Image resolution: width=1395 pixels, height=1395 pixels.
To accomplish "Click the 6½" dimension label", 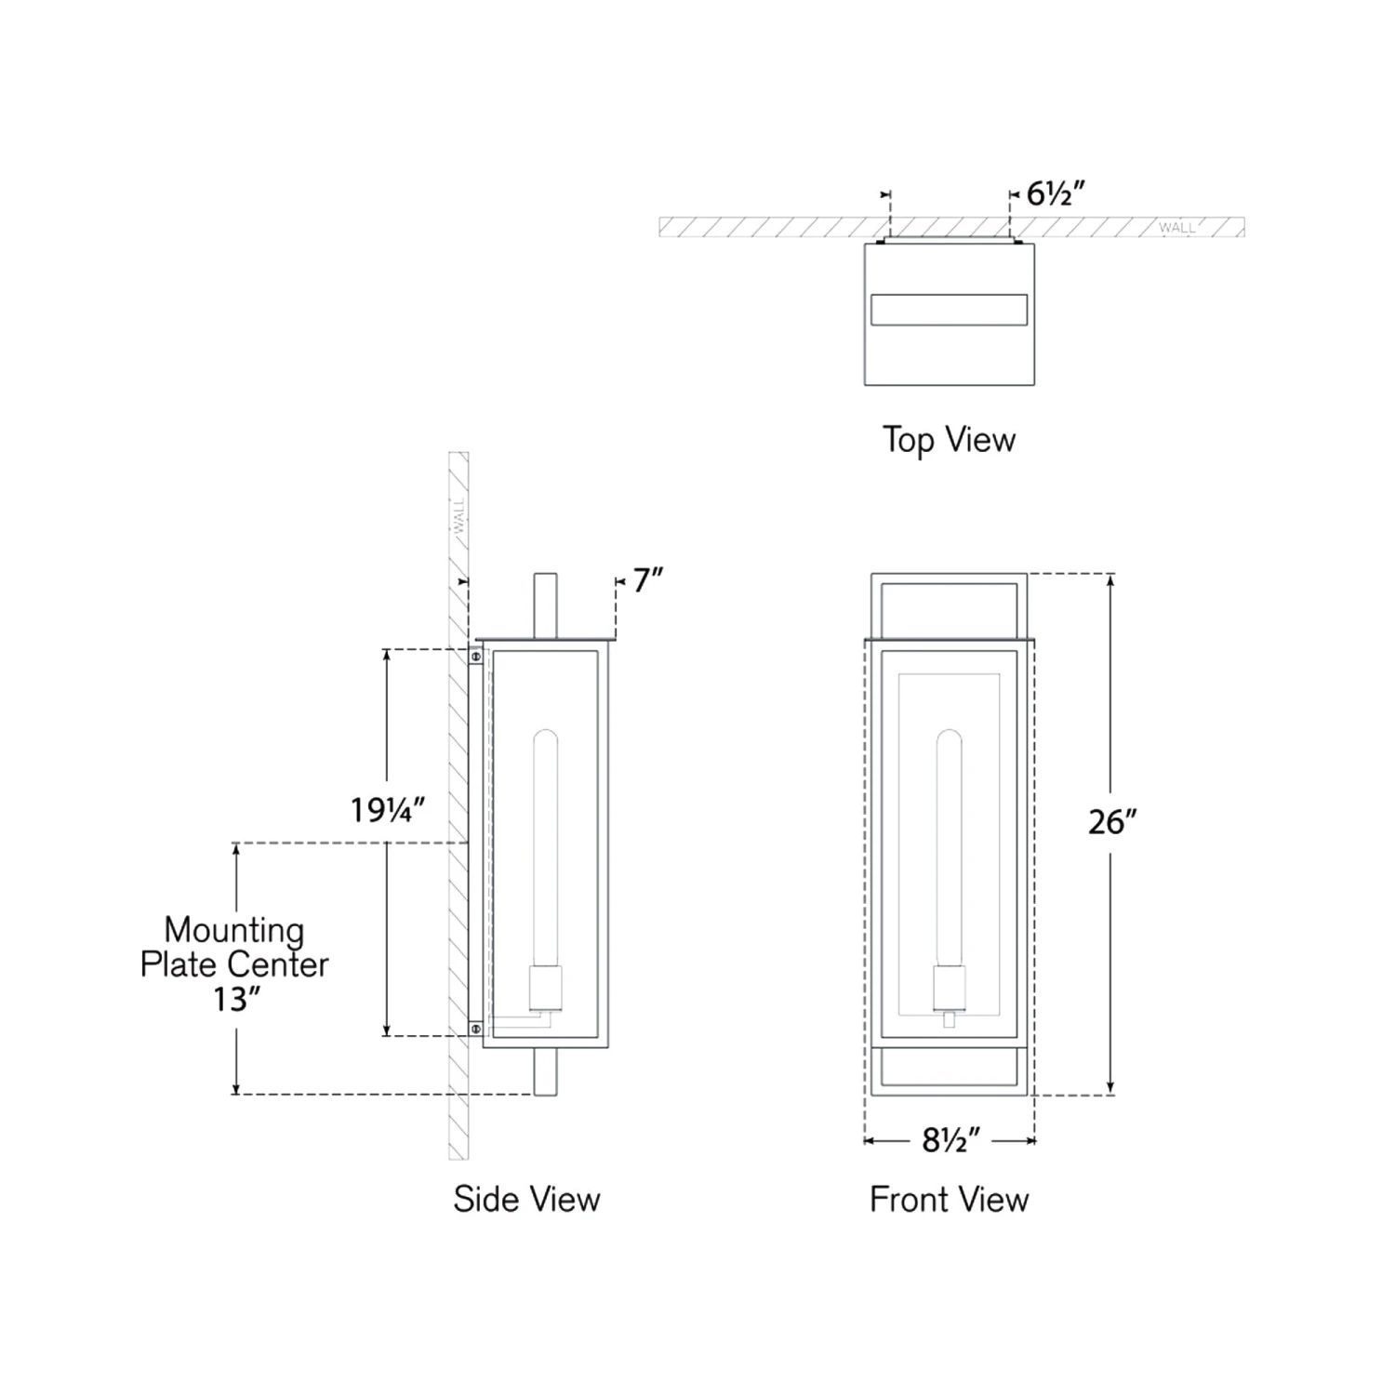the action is [1056, 193].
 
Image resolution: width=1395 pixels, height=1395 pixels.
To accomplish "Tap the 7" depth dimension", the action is [648, 580].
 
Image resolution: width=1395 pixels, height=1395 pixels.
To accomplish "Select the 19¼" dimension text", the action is [388, 810].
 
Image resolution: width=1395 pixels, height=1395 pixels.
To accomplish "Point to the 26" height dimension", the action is [1113, 822].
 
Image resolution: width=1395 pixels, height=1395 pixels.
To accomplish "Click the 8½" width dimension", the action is [951, 1140].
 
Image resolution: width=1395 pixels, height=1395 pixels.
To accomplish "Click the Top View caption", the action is [949, 439].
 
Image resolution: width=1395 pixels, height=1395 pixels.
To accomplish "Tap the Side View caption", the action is [526, 1199].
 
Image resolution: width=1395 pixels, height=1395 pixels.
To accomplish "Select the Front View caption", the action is [949, 1199].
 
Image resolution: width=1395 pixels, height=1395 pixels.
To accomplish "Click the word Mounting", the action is [234, 931].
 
